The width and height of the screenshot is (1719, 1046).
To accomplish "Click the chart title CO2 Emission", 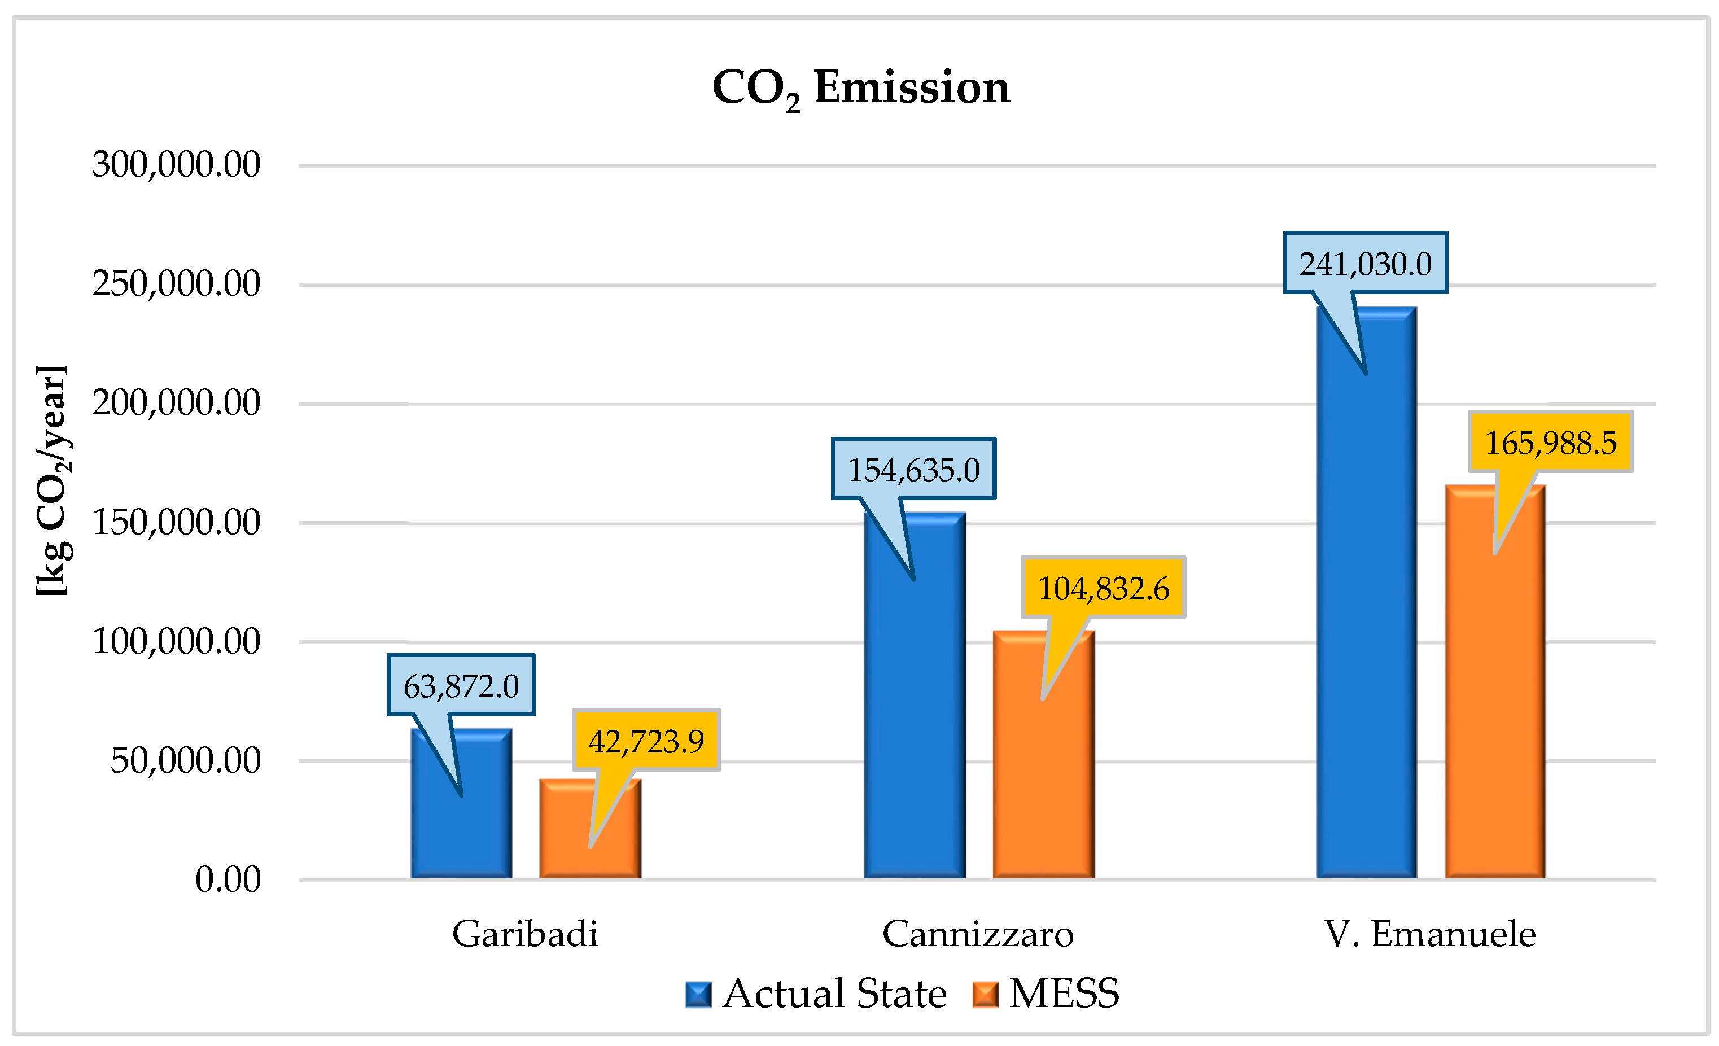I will (x=860, y=89).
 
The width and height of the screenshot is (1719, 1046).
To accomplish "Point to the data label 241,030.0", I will (x=1364, y=263).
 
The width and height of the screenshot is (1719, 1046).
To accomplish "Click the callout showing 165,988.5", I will (x=1550, y=441).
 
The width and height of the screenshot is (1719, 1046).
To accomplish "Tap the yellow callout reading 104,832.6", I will (x=1103, y=588).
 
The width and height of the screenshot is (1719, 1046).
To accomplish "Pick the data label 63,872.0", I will (x=461, y=685).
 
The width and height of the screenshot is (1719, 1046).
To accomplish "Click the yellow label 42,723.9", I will (x=646, y=741).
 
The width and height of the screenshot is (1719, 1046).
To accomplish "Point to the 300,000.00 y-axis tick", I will (x=176, y=165).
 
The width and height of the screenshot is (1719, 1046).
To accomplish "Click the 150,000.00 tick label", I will (x=176, y=522).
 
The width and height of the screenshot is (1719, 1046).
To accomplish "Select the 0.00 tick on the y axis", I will (x=228, y=879).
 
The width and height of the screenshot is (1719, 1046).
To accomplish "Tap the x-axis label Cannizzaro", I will (x=977, y=934).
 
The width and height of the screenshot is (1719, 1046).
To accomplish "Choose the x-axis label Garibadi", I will (x=524, y=934).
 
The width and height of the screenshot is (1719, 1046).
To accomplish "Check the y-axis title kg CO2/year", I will (x=53, y=480).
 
